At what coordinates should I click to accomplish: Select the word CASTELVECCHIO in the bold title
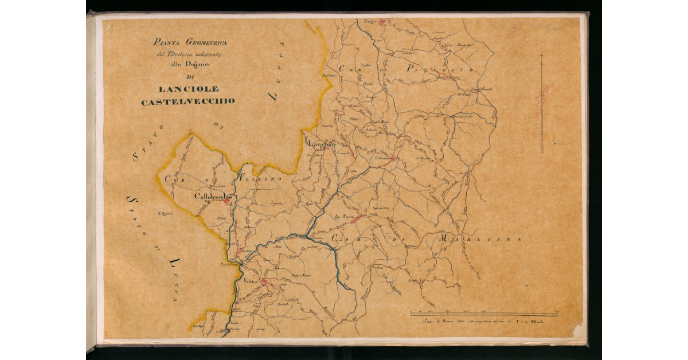[188, 101]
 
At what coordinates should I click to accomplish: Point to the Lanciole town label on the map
[321, 144]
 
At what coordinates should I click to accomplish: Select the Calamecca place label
[384, 158]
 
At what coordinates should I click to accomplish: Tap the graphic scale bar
[483, 314]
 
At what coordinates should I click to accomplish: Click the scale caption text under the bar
[483, 322]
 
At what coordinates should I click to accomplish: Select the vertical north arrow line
[542, 103]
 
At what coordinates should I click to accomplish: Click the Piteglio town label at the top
[366, 21]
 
